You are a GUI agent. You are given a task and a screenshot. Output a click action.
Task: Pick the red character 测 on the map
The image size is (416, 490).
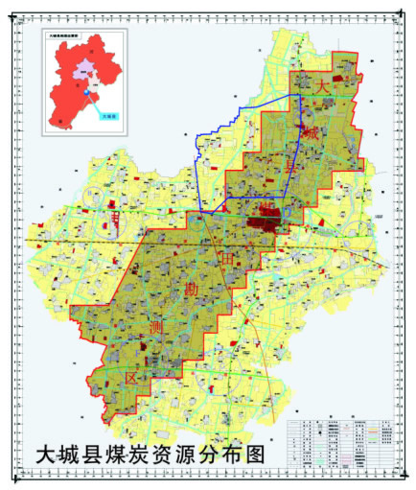[156, 329]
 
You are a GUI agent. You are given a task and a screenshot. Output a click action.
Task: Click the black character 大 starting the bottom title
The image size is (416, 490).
[43, 453]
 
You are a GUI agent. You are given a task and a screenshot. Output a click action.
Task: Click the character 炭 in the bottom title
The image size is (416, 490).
[145, 453]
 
